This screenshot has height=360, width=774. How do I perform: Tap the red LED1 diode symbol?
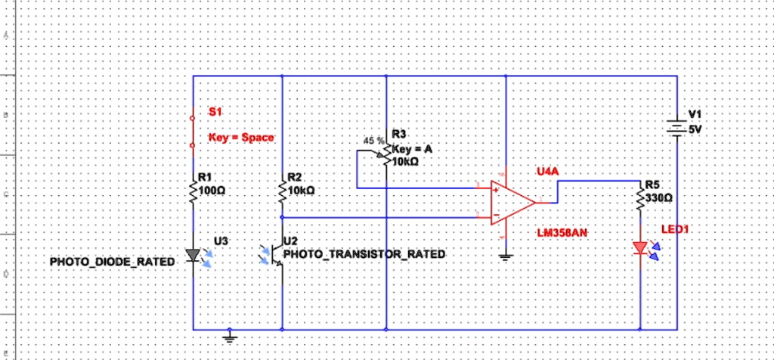(x=641, y=247)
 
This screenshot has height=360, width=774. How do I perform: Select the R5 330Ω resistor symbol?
(x=641, y=199)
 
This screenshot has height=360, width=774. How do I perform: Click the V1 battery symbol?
(x=677, y=127)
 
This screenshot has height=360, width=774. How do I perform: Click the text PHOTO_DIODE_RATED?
(x=112, y=262)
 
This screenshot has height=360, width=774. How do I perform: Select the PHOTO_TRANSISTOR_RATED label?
(x=364, y=254)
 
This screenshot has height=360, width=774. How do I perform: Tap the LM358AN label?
(x=562, y=232)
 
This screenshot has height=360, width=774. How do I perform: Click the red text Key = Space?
(x=241, y=138)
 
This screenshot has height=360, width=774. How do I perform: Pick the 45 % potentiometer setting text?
(x=373, y=141)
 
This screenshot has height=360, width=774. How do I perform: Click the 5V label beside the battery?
(x=695, y=129)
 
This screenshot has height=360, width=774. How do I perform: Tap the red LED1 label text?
(x=676, y=228)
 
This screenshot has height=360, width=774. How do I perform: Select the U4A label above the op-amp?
(x=547, y=172)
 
